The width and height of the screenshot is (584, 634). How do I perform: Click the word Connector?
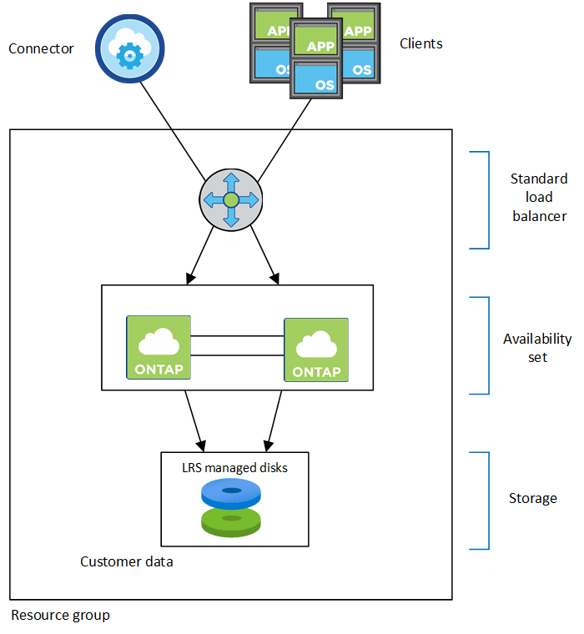pos(41,48)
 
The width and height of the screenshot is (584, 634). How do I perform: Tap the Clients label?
pos(421,43)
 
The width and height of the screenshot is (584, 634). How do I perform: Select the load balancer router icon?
pos(231,199)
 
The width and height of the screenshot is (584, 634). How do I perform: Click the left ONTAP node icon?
pos(158,346)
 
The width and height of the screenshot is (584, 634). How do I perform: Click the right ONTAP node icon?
pos(316,350)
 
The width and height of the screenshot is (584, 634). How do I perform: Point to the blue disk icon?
pos(231,495)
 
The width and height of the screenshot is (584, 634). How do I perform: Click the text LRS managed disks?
pos(234,468)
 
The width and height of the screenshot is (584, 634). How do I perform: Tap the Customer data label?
pos(127,561)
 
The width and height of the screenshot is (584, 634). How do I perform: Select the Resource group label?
pos(60,616)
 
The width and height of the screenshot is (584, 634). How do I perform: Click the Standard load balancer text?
pos(538,198)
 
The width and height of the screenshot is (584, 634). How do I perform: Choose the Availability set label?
pos(537,348)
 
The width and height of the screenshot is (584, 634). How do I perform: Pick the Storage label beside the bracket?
pos(533,498)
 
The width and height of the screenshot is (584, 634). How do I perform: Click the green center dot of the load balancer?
pos(231,199)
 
